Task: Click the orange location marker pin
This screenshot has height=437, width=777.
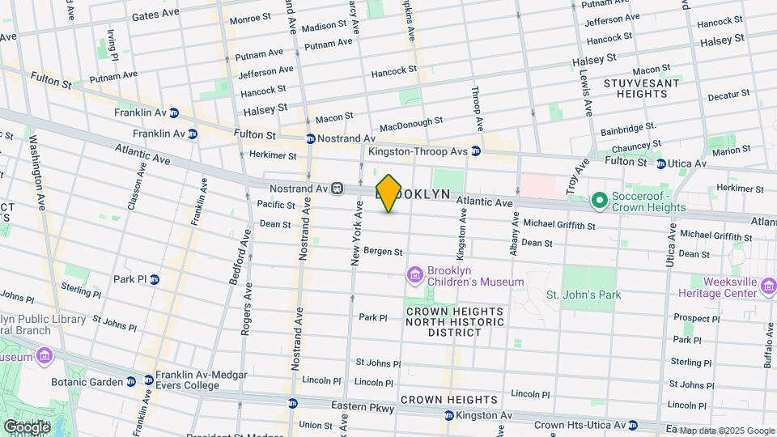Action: [x=388, y=193]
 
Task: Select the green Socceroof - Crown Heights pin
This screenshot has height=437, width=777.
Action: [x=599, y=199]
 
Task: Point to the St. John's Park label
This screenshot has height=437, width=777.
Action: [x=584, y=295]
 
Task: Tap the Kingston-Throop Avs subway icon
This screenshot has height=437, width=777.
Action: [x=477, y=151]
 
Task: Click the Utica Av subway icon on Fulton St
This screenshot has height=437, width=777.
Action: [x=660, y=163]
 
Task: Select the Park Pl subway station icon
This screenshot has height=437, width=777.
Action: [x=154, y=279]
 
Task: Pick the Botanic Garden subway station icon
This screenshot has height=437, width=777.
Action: [x=148, y=380]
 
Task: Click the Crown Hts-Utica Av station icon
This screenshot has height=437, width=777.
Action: [x=632, y=425]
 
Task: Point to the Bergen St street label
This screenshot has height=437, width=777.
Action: [x=382, y=252]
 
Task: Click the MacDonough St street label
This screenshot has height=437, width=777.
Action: [x=411, y=125]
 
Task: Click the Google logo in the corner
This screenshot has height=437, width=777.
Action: [x=27, y=426]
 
